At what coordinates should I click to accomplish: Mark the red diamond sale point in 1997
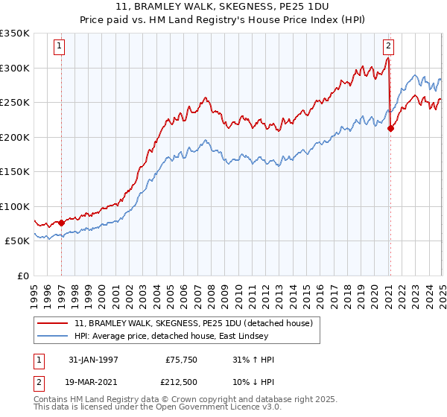click(62, 223)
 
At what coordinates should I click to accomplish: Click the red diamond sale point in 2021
click(390, 128)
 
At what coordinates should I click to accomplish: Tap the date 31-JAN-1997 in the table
click(93, 360)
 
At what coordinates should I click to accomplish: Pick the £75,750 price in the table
click(180, 360)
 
